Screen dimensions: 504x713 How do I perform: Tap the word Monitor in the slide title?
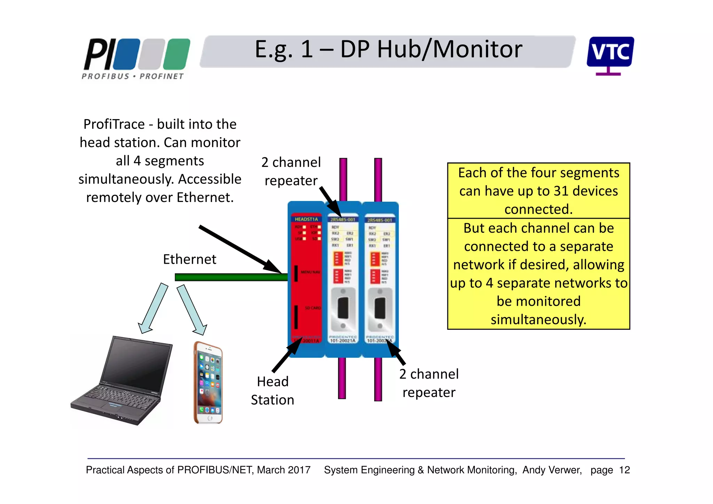[x=477, y=49]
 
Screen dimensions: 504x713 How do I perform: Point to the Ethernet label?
[x=189, y=259]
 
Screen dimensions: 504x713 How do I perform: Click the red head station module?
[x=306, y=279]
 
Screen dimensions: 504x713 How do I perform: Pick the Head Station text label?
[x=273, y=391]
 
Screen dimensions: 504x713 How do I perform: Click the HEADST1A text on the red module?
[x=306, y=219]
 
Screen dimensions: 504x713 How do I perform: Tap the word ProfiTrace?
[x=114, y=124]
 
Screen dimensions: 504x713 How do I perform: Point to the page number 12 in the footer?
[x=624, y=470]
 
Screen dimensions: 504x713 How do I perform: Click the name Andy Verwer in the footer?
[x=552, y=470]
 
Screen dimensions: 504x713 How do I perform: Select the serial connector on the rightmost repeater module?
[x=379, y=308]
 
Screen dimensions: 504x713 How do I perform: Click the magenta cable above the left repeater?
[x=343, y=179]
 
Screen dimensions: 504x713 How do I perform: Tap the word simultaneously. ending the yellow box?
[x=538, y=320]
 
